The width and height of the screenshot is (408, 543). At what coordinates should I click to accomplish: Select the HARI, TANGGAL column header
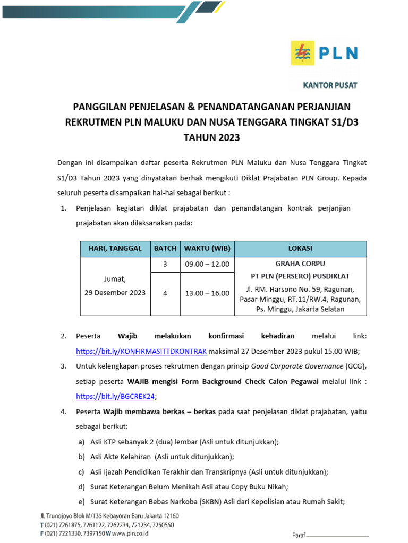[115, 248]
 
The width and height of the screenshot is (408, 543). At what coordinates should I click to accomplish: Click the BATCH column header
[165, 248]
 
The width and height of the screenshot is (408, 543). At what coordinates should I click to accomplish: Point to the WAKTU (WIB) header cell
[207, 248]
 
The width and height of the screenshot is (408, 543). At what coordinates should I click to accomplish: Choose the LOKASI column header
[300, 248]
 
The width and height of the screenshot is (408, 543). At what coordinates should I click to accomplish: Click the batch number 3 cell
[165, 264]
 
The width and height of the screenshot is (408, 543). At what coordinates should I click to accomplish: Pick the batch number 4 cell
[165, 293]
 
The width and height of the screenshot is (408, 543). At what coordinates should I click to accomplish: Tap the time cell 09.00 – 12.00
[207, 264]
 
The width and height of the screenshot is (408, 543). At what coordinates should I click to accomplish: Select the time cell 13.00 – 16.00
[207, 293]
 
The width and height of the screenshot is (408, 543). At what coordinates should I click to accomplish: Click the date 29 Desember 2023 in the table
[115, 293]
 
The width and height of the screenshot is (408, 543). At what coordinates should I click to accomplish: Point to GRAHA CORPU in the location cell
[300, 264]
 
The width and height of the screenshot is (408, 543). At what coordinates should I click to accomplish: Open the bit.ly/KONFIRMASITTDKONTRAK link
[142, 351]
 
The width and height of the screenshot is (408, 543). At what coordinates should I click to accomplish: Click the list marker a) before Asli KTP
[81, 441]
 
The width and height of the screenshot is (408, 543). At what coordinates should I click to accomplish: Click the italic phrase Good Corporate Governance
[297, 366]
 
